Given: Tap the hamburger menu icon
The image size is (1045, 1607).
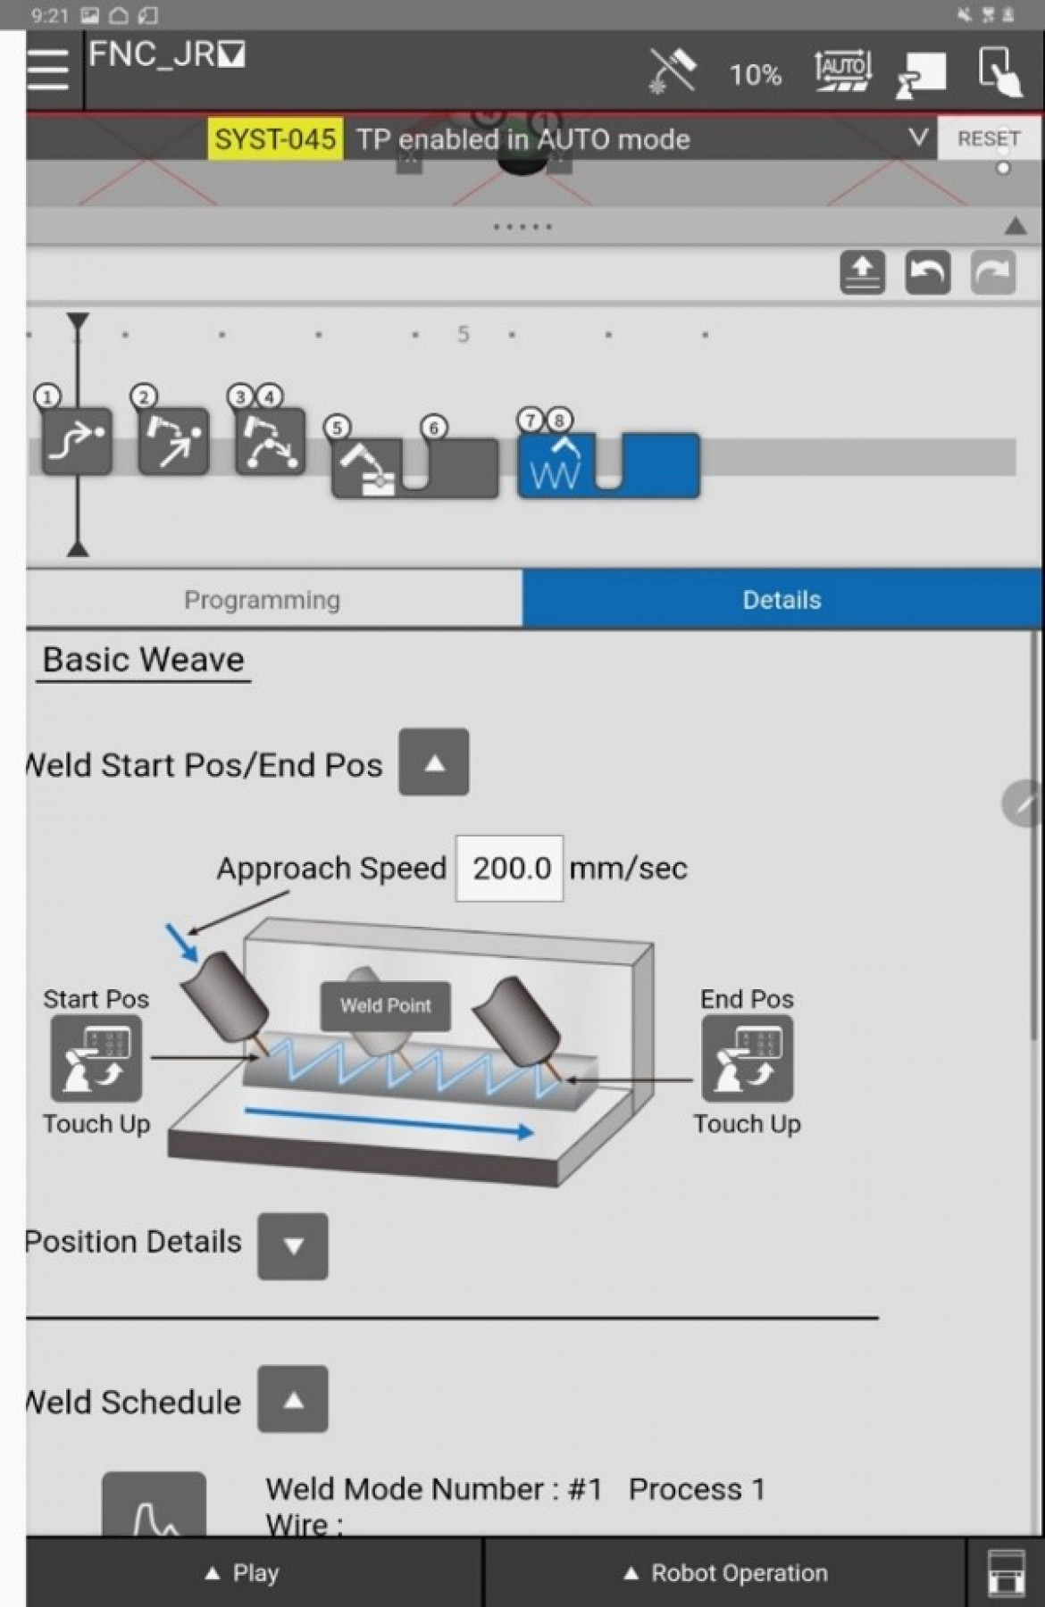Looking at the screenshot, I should [48, 70].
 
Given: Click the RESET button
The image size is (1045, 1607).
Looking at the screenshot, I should [988, 139].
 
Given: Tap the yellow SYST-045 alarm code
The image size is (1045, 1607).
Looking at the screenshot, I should [275, 139].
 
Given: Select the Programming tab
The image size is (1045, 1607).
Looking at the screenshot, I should [262, 600].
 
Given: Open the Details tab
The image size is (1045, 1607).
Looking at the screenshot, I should [782, 600].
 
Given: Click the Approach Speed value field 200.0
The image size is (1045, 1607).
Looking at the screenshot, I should [510, 868].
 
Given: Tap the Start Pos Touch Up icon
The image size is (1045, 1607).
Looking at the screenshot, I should [96, 1058].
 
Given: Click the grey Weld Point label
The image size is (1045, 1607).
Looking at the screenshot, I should [385, 1005].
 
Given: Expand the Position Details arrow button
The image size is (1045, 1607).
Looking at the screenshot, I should [293, 1245].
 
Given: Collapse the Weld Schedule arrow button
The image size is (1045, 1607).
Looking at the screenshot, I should [293, 1399].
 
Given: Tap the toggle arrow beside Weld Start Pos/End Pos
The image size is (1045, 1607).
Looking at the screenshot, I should [434, 762].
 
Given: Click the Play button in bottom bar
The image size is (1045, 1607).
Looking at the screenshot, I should [243, 1573].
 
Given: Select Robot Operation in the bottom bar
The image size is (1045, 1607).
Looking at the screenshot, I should [725, 1573].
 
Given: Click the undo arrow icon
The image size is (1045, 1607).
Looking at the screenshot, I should [927, 272].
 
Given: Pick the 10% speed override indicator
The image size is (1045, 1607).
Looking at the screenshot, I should [755, 74].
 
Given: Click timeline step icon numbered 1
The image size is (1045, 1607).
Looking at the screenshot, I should [78, 441].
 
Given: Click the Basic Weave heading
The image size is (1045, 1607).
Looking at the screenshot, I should [143, 660].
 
